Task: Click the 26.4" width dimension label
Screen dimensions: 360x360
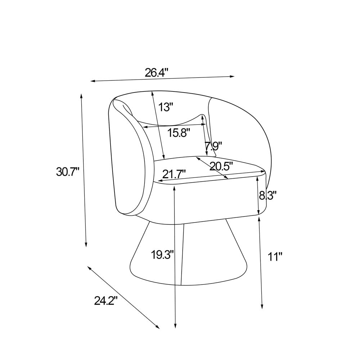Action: point(157,73)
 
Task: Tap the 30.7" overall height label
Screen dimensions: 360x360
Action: point(68,172)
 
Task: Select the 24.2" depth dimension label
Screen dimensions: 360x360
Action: point(106,301)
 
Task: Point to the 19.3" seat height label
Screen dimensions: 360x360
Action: point(163,255)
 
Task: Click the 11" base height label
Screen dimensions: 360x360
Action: point(275,256)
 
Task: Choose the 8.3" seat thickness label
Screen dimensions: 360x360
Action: point(267,196)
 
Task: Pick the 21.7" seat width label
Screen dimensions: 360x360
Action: point(174,174)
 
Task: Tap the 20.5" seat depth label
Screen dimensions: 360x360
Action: point(221,166)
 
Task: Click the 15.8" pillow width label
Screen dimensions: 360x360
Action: point(179,132)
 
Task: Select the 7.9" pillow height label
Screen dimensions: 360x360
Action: point(213,146)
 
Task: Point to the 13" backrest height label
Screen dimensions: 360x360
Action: point(166,107)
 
